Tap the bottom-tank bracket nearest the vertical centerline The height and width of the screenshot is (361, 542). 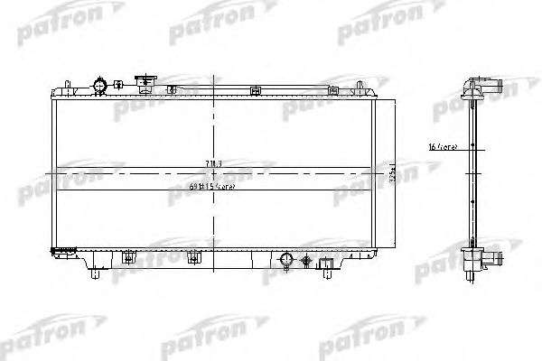click(192, 259)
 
